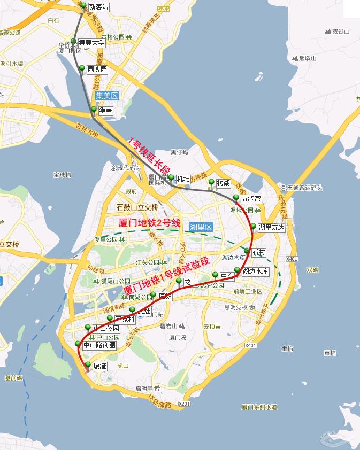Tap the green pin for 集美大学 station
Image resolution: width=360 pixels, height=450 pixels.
point(73,41)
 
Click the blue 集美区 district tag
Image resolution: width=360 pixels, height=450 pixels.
point(106,96)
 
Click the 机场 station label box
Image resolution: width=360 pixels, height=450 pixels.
point(182,179)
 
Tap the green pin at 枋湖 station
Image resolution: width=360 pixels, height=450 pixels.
point(211,181)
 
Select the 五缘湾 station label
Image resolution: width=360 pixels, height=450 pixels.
point(251,198)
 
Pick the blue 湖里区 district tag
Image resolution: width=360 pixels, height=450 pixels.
point(201,227)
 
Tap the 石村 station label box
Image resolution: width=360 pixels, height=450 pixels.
point(258,252)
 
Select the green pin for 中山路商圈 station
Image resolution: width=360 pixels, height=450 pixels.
point(78,343)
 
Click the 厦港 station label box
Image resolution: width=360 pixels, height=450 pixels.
point(99,367)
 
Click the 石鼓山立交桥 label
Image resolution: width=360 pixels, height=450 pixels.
point(137,207)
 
